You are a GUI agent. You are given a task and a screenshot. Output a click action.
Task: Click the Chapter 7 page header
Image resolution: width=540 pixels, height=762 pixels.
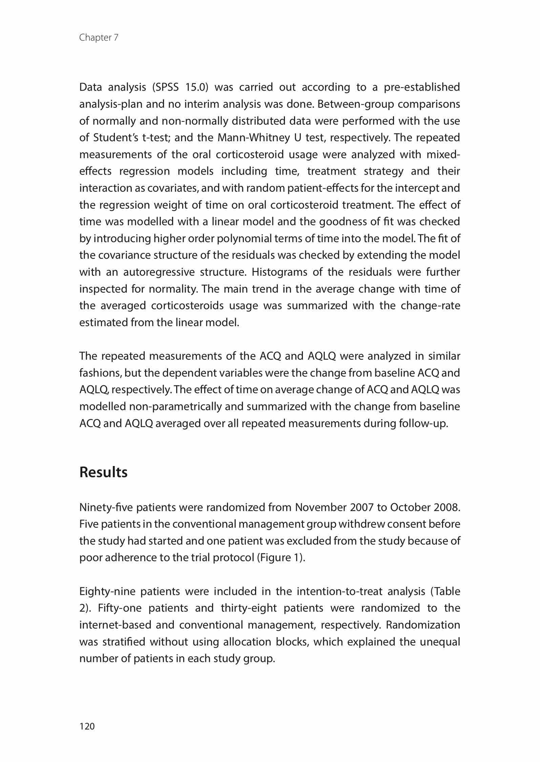coord(99,38)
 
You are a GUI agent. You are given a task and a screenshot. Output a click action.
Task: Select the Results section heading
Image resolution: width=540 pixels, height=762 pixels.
coord(103,472)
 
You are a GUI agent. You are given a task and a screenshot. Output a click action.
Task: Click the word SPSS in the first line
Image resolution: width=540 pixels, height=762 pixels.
coord(165,87)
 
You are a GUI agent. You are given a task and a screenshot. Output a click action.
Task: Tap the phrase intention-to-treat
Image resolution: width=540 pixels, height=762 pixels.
coord(339,592)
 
